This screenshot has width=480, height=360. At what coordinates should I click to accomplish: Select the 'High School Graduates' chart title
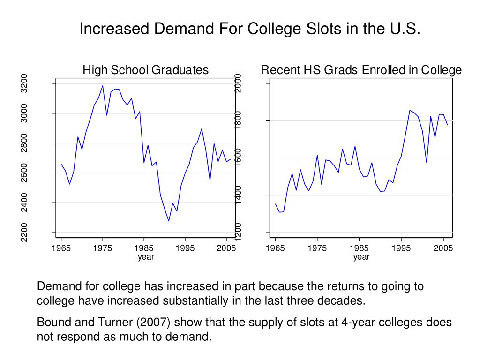point(145,70)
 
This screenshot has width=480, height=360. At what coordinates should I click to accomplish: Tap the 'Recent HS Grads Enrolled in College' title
point(361,70)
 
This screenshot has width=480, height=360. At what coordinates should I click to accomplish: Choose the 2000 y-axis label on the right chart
point(238,83)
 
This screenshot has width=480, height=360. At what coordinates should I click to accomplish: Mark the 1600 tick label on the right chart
point(238,158)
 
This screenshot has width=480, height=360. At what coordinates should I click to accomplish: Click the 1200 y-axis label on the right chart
point(238,232)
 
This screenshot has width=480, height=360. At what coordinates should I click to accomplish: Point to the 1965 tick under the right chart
point(275,248)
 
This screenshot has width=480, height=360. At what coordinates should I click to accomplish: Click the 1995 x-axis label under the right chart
point(401,248)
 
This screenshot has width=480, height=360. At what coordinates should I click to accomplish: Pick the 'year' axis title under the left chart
point(146,257)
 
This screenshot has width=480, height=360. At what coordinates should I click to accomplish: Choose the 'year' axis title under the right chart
point(361,257)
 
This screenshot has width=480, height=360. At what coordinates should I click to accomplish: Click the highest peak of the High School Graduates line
point(103,86)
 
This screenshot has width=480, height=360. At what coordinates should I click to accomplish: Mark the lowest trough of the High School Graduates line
point(169,221)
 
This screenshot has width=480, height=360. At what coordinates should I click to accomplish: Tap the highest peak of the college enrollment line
point(410,110)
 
